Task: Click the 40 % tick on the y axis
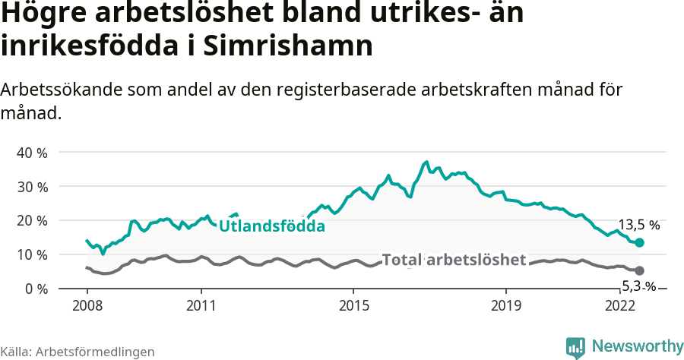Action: click(32, 153)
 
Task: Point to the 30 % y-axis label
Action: click(32, 187)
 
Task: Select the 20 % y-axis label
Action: click(32, 220)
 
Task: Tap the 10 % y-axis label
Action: click(32, 254)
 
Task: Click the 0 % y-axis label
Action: click(35, 289)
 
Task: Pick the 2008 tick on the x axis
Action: click(87, 305)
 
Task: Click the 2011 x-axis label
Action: click(201, 305)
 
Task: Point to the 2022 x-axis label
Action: click(620, 305)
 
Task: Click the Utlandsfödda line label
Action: click(271, 226)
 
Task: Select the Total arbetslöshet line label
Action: click(454, 260)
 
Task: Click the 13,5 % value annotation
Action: click(638, 225)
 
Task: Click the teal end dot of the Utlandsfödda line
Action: click(639, 242)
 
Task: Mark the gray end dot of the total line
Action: click(639, 270)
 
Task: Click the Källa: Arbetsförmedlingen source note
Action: click(78, 352)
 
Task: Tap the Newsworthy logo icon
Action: click(575, 347)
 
